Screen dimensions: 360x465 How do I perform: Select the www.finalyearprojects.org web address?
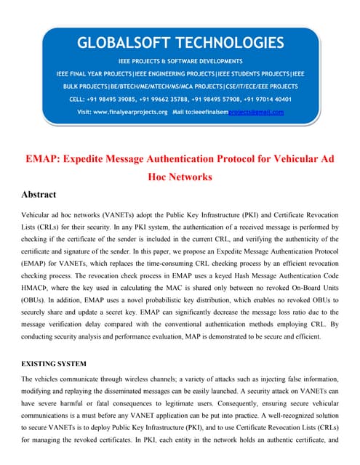[x=133, y=112]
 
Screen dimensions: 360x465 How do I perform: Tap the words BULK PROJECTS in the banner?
[x=81, y=86]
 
